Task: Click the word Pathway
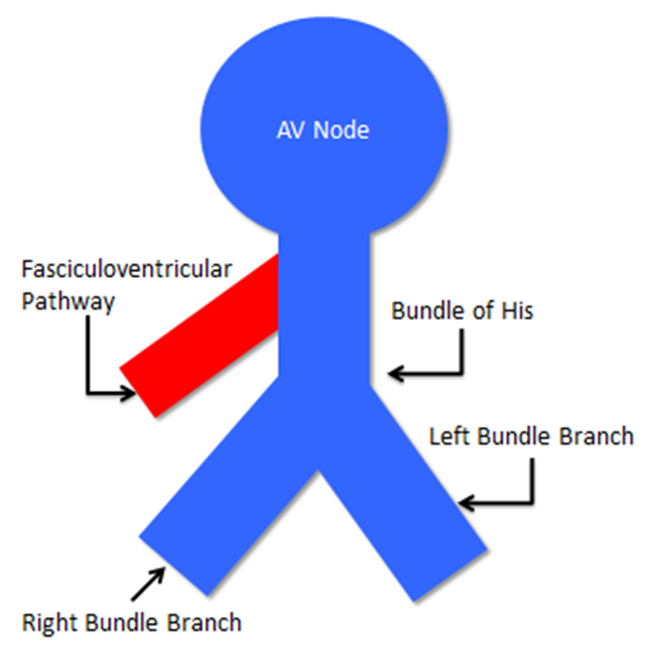pyautogui.click(x=66, y=300)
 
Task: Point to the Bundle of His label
pyautogui.click(x=462, y=311)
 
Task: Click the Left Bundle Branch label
pyautogui.click(x=530, y=436)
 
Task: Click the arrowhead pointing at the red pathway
pyautogui.click(x=128, y=393)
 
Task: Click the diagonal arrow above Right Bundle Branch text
pyautogui.click(x=150, y=584)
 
